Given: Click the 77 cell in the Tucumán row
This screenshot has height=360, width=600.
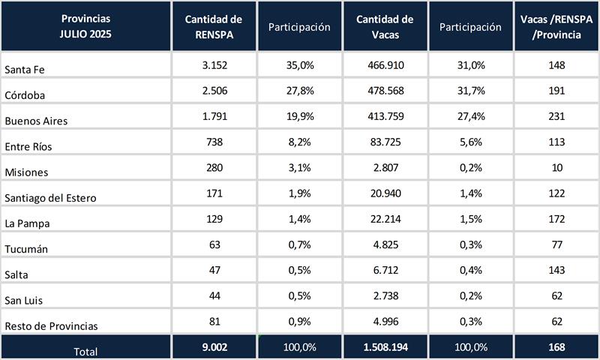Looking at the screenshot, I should point(556,245).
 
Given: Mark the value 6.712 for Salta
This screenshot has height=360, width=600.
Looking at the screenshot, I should point(386,271).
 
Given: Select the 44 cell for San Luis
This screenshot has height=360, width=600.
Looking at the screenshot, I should point(214,296).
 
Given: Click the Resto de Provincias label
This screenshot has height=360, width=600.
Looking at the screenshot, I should point(51,326).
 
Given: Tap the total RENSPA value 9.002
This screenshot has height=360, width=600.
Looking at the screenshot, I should point(214,348).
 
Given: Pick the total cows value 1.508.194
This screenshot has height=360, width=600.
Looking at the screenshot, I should point(386,348).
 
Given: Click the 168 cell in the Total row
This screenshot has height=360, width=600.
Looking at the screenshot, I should point(556,348).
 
